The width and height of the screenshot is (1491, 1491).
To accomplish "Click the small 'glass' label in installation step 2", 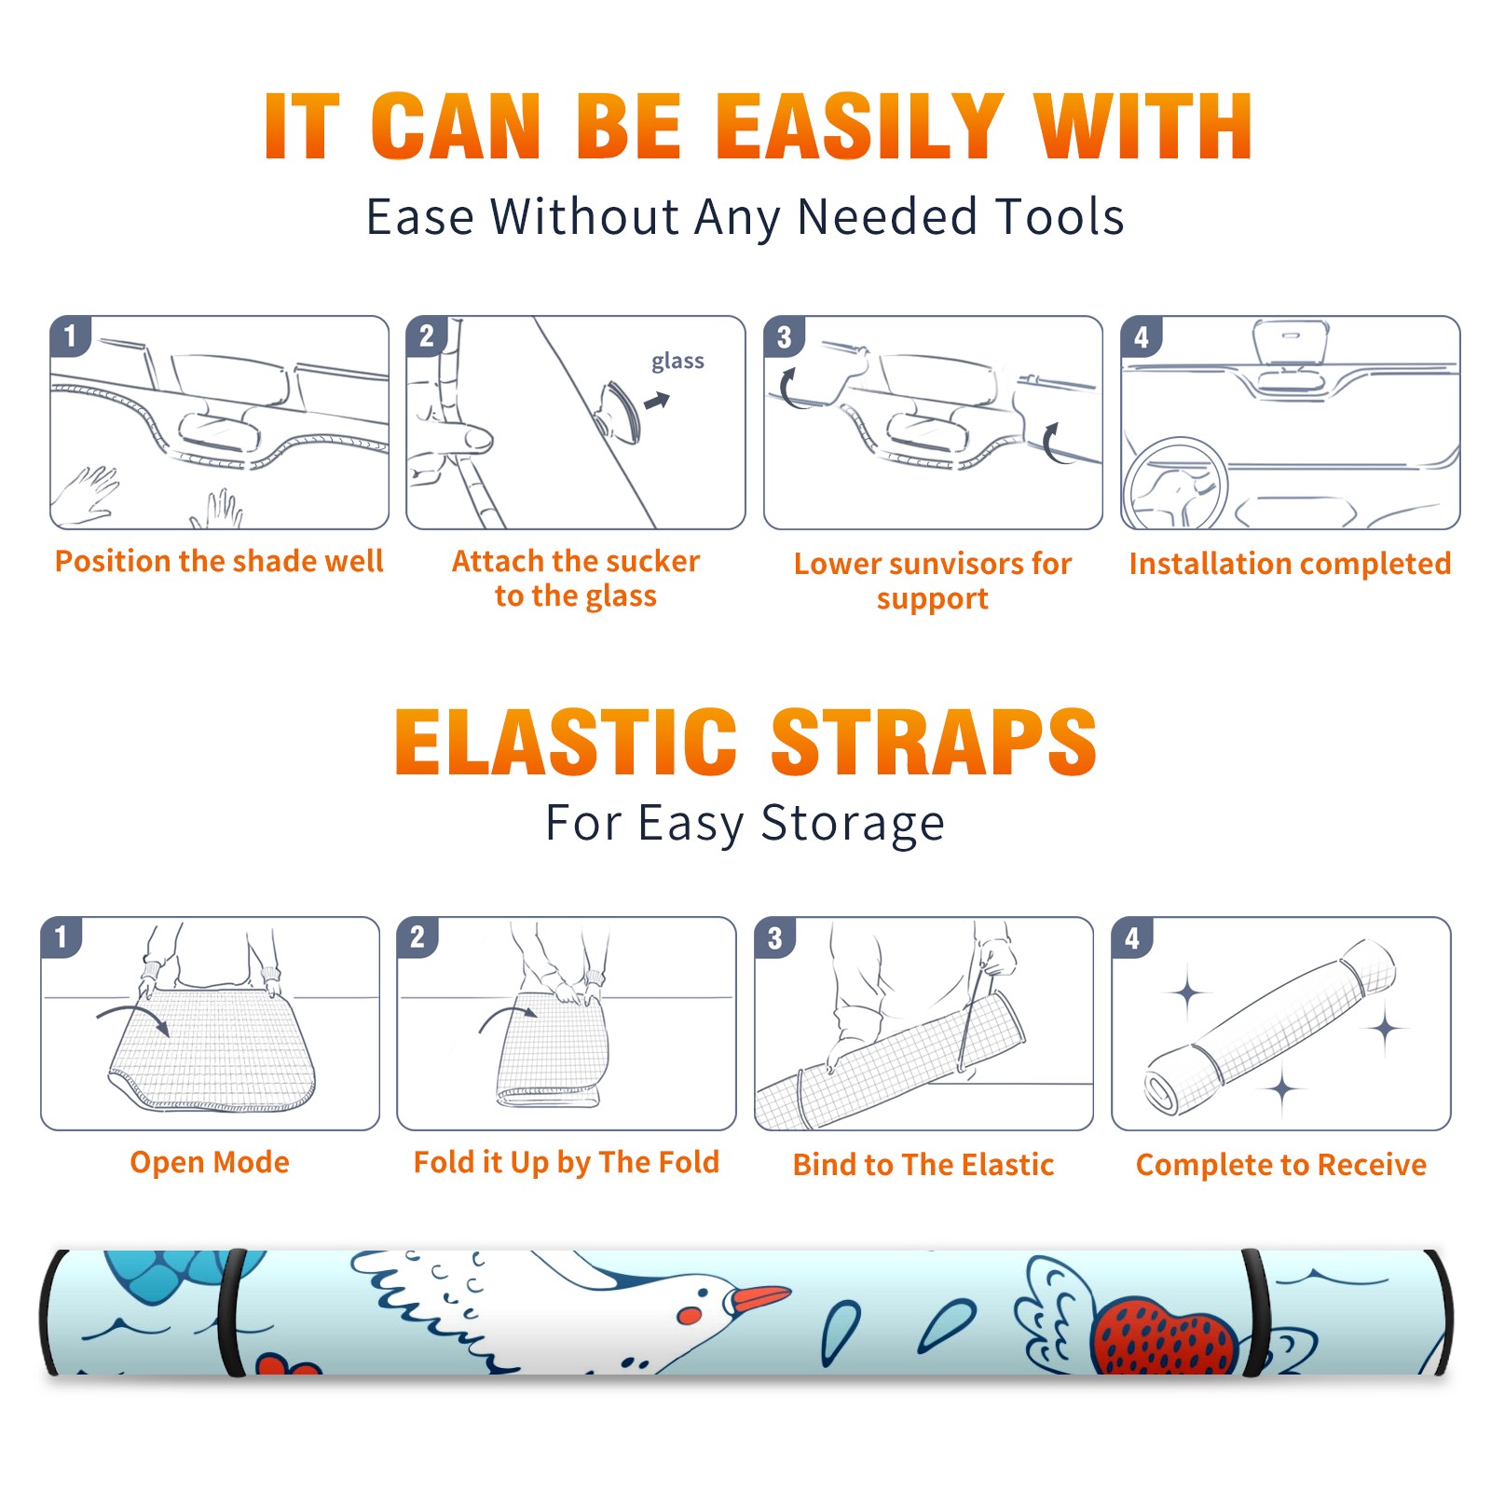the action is (x=677, y=362).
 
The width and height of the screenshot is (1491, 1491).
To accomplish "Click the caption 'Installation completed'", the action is (x=1290, y=563).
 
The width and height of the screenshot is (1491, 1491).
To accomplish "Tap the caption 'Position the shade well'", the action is (x=219, y=561).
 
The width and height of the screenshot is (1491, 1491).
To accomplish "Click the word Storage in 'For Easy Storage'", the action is (x=853, y=824).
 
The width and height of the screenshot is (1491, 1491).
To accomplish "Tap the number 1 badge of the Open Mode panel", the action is (x=62, y=937).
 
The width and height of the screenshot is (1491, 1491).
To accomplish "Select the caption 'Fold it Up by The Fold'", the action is (x=567, y=1162).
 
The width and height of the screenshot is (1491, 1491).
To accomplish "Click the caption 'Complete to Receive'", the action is (x=1281, y=1165).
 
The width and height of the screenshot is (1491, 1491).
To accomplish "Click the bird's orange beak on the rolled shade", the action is (x=760, y=1298).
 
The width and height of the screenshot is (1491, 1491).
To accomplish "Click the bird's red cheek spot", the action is (x=690, y=1315).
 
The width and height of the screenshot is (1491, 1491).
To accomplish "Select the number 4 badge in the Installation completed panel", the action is (x=1142, y=336).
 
